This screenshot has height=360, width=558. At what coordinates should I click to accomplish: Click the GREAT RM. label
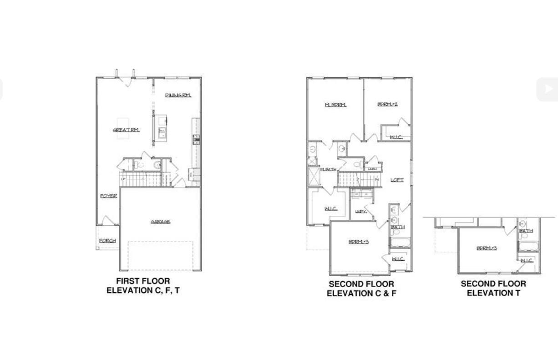tap(126, 130)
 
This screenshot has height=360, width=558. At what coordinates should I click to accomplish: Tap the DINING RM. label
tap(178, 95)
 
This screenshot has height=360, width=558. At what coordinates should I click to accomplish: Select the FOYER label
tap(108, 196)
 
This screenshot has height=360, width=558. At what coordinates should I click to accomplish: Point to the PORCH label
tap(107, 241)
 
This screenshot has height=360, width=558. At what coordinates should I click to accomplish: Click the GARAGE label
tap(161, 222)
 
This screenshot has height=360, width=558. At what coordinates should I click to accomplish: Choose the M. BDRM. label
tap(335, 105)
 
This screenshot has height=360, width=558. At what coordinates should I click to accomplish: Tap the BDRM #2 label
tap(387, 104)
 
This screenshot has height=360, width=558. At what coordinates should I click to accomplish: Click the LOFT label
tap(397, 180)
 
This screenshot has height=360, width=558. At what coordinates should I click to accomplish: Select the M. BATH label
tap(328, 170)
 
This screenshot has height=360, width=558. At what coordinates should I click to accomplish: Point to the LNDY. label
tap(361, 212)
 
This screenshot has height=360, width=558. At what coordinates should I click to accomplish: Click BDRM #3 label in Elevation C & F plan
tap(359, 242)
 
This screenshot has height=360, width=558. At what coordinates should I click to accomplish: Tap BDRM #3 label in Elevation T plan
tap(487, 248)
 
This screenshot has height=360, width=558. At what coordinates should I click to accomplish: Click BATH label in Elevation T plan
tap(526, 231)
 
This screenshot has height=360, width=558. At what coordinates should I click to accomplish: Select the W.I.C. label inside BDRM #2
tap(396, 137)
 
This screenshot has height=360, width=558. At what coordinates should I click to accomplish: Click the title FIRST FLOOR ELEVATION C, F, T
tap(143, 286)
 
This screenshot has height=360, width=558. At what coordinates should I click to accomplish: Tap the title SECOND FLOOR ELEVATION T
tap(493, 289)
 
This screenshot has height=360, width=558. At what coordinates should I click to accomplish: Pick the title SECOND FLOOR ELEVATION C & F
tap(361, 289)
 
